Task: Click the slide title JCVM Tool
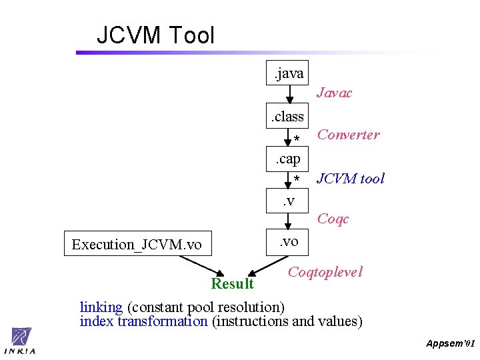[x=155, y=35]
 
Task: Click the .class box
[x=287, y=117]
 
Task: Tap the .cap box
[x=288, y=159]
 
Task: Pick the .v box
[x=288, y=201]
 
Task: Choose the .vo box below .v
[x=288, y=242]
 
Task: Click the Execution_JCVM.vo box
[x=137, y=244]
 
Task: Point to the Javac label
[x=334, y=93]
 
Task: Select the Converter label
[x=348, y=135]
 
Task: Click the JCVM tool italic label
[x=350, y=178]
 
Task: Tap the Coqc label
[x=333, y=219]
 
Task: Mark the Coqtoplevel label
[x=325, y=272]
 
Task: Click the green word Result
[x=232, y=284]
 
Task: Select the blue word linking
[x=101, y=307]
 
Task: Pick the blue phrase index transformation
[x=143, y=321]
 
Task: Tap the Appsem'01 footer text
[x=451, y=343]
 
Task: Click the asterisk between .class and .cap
[x=297, y=139]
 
